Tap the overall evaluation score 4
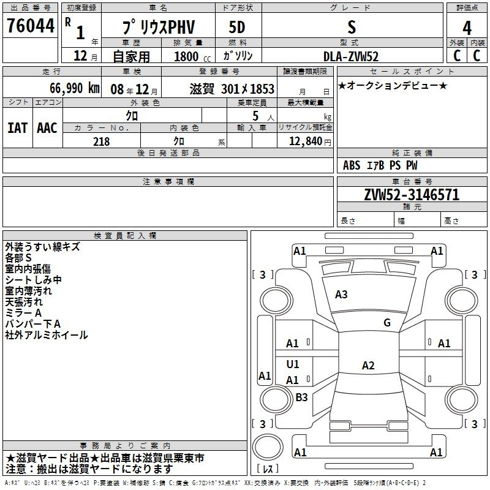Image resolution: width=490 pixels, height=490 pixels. pos(467,28)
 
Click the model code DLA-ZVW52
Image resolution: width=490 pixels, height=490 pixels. pos(351,56)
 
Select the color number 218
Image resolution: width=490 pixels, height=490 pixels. pos(101,141)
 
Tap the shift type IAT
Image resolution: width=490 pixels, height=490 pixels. pos(17,127)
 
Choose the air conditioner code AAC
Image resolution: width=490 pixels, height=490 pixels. pos(47,127)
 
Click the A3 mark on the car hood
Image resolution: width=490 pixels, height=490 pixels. pos(341,295)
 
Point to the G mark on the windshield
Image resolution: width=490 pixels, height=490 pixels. pos(387,323)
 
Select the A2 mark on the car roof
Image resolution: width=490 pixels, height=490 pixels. pos(367,366)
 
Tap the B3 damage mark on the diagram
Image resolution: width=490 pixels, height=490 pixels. pos(301,397)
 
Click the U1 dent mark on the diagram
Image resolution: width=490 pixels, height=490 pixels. pos(293,364)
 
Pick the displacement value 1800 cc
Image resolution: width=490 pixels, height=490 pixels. pos(191,56)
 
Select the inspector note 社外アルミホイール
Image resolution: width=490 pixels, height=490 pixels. pos(46,335)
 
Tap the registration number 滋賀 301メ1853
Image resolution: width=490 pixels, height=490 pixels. pos(232,89)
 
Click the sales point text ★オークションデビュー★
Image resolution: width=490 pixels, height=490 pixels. pos(393,85)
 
